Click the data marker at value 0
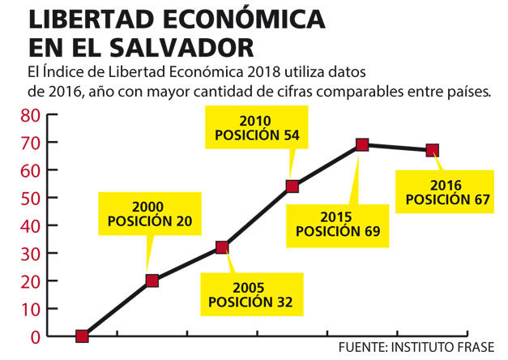pyautogui.click(x=82, y=336)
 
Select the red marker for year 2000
pyautogui.click(x=152, y=281)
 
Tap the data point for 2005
pyautogui.click(x=222, y=247)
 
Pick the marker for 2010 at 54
pyautogui.click(x=292, y=186)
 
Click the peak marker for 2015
pyautogui.click(x=362, y=145)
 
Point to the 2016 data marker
pyautogui.click(x=433, y=150)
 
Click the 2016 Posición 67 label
pyautogui.click(x=447, y=193)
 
